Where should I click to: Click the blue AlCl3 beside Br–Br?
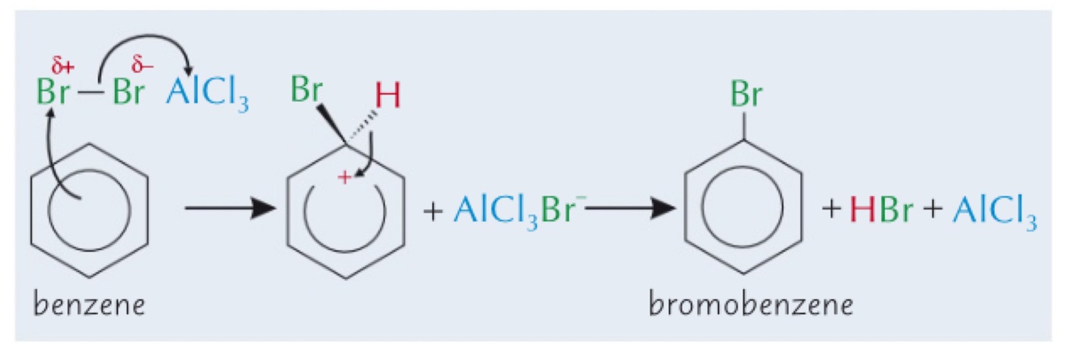pyautogui.click(x=206, y=95)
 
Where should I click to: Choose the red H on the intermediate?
pyautogui.click(x=387, y=99)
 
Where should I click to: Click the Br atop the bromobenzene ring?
pyautogui.click(x=746, y=95)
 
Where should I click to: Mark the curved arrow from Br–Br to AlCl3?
pyautogui.click(x=146, y=42)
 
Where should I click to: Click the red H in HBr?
pyautogui.click(x=857, y=211)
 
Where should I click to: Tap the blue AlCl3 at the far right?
pyautogui.click(x=994, y=211)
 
